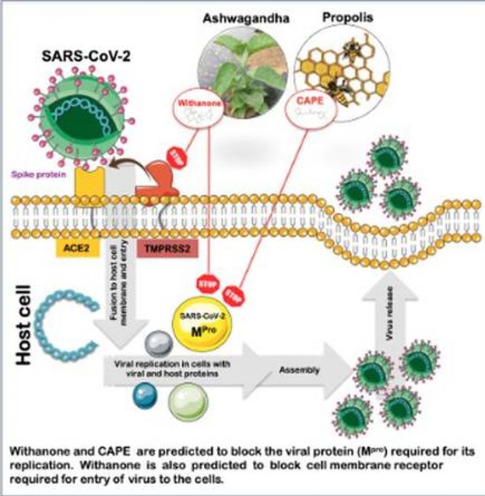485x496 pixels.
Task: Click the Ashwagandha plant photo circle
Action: pyautogui.click(x=238, y=73)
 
